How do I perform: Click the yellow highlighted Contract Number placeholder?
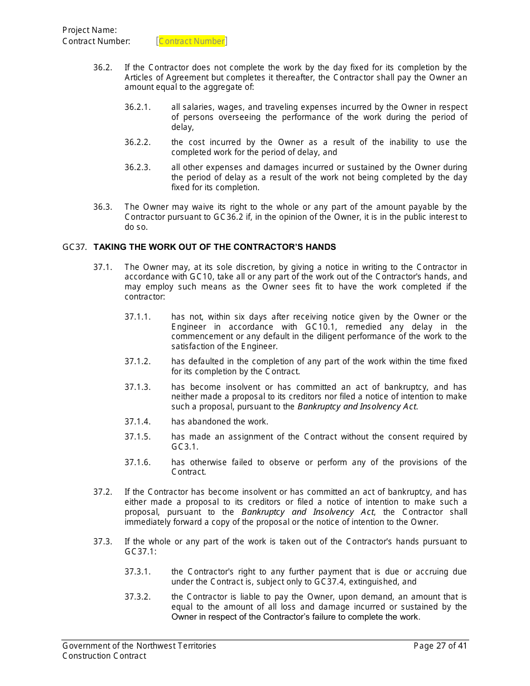click(192, 41)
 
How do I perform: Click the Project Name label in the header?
click(89, 30)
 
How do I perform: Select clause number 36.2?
click(102, 67)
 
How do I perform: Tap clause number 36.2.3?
click(137, 167)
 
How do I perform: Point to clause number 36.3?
click(102, 207)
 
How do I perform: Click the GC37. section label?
click(74, 247)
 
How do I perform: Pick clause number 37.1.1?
click(137, 317)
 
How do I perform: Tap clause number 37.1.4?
click(137, 422)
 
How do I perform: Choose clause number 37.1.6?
click(137, 462)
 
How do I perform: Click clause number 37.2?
click(102, 492)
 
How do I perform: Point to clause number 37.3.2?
click(137, 597)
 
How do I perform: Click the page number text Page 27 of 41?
click(440, 646)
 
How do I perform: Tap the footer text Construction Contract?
click(104, 656)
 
